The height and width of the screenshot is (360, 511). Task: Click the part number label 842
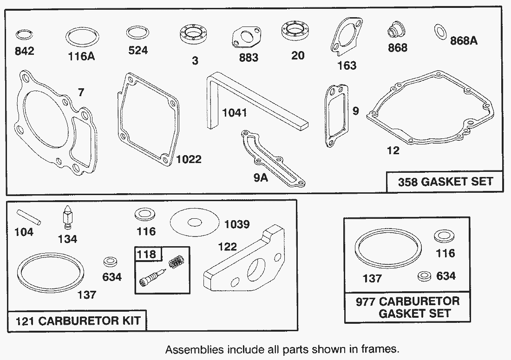(25, 51)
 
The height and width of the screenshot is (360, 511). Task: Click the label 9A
(261, 178)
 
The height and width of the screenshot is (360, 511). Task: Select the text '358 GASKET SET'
(445, 182)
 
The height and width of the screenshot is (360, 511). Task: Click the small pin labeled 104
(29, 218)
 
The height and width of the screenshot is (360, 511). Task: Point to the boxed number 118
(146, 254)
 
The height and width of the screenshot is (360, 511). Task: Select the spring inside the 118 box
(176, 261)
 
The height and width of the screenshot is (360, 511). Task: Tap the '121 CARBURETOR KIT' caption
(78, 321)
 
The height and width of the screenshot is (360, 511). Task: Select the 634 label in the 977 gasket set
(446, 276)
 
